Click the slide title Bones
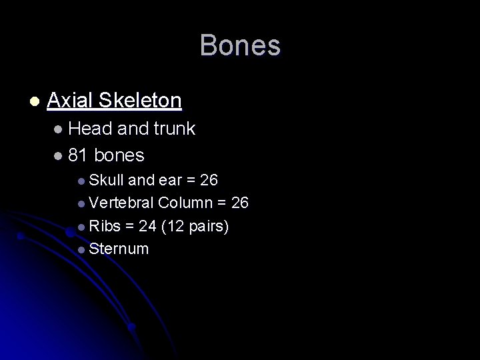tap(240, 46)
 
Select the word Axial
tap(70, 101)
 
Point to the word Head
tap(91, 129)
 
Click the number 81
tap(78, 155)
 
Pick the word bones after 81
tap(119, 155)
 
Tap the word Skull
tap(107, 180)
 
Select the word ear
tap(171, 181)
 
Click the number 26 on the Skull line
tap(209, 180)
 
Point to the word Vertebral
tap(122, 203)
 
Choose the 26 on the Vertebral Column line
tap(239, 203)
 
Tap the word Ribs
tap(105, 227)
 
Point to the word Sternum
tap(119, 249)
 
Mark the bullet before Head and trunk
tap(59, 129)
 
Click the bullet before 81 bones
tap(59, 156)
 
